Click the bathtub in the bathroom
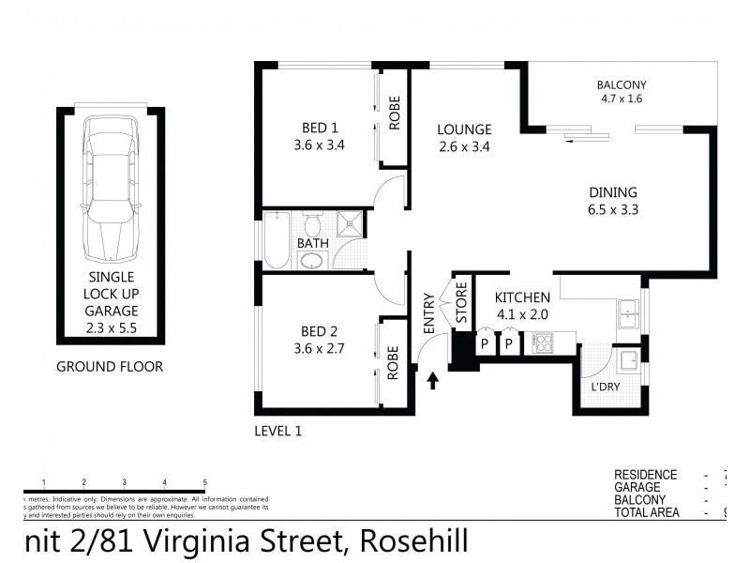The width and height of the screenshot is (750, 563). tap(277, 241)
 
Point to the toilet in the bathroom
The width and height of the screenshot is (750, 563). tap(313, 226)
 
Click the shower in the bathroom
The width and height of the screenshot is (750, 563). tap(348, 226)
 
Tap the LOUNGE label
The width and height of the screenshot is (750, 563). tap(465, 129)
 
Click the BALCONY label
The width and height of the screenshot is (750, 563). tap(622, 84)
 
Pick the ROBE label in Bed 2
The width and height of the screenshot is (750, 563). tap(395, 362)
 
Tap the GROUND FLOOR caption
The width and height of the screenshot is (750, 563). tap(110, 367)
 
